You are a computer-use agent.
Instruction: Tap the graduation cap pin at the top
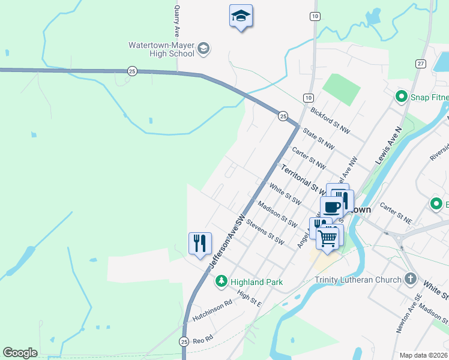(241, 16)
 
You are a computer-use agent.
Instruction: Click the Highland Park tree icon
(221, 281)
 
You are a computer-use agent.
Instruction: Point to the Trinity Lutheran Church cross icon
(410, 279)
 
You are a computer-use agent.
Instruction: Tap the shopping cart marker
(327, 238)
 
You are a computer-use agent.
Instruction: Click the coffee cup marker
(331, 208)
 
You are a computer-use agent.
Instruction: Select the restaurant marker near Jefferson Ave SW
(200, 244)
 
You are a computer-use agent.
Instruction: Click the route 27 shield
(420, 64)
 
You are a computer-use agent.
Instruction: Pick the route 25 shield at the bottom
(184, 341)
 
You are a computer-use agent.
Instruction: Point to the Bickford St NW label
(330, 119)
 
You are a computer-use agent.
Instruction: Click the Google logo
(20, 353)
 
